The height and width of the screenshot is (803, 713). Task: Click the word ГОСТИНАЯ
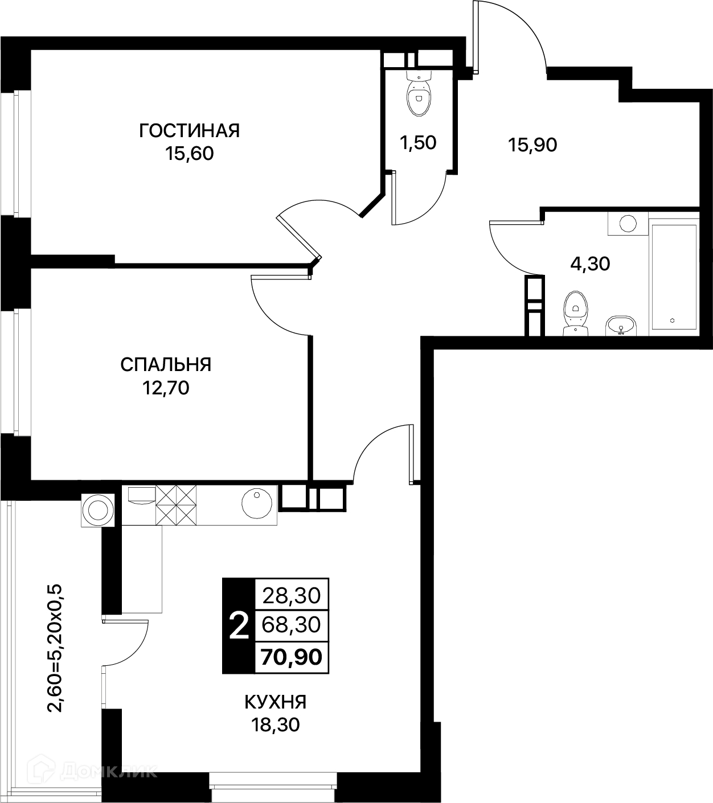[190, 131]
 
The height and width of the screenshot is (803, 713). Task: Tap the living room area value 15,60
[190, 154]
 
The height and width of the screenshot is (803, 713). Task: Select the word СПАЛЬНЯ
[166, 365]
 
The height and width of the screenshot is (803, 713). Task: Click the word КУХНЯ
[276, 702]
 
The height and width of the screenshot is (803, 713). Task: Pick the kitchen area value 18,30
[276, 725]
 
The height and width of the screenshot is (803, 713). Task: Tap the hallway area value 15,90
[532, 145]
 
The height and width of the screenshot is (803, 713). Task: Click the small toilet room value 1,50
[418, 143]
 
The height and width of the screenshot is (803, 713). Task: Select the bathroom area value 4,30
[590, 264]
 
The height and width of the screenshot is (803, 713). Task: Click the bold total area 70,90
[292, 657]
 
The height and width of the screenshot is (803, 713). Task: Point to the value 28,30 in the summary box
[292, 595]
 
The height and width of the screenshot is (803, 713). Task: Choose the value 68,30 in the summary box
[292, 625]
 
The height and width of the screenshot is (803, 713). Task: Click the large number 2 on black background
[239, 626]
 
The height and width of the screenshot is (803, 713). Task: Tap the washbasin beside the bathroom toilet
[621, 326]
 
